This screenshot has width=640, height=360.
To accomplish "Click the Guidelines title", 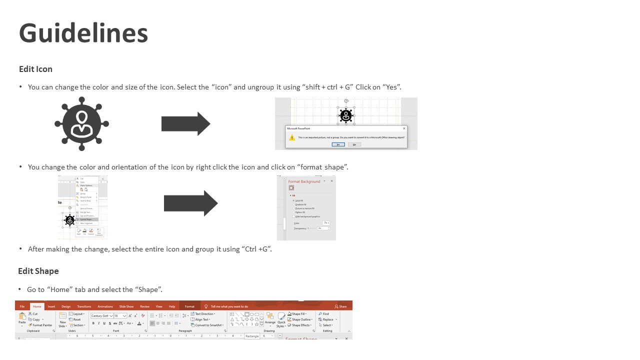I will click(83, 33).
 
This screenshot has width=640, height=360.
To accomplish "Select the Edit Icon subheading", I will click(35, 69).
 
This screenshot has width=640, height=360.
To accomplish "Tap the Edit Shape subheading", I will click(38, 271).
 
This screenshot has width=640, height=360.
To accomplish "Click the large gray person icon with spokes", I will click(81, 123).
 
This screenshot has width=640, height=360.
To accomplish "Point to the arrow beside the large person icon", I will click(185, 123).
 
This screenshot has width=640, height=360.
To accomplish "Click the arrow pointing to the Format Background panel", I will click(190, 203).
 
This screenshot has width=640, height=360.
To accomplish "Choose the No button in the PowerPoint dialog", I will click(354, 144).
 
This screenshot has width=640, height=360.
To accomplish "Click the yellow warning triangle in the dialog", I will click(292, 137).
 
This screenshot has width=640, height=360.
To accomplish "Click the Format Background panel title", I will click(304, 181).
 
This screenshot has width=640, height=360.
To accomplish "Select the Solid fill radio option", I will click(299, 200).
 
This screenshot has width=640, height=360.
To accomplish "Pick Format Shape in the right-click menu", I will click(86, 219).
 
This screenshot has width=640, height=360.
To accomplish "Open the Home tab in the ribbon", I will click(37, 306).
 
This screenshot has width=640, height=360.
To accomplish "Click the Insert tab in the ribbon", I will click(51, 306).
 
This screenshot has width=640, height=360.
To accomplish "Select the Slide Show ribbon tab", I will click(126, 306).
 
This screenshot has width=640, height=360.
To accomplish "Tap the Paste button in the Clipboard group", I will click(22, 318).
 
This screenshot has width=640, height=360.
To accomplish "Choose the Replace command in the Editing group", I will click(328, 319).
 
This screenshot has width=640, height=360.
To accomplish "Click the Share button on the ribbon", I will click(341, 306).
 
